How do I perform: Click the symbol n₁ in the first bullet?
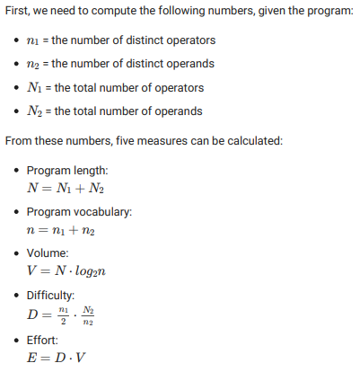(x=32, y=41)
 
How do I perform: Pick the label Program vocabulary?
(x=80, y=212)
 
